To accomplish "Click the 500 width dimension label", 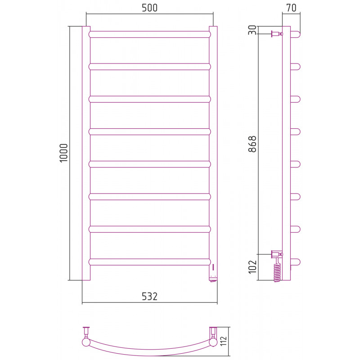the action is [149, 8].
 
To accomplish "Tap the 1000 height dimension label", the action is [63, 153].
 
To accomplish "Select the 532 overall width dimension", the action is [149, 297].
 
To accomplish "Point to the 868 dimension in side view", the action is [252, 144].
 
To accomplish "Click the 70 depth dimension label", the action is [291, 8].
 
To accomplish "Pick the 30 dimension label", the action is [252, 30].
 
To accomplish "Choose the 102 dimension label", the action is [252, 267].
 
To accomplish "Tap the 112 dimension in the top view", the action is [223, 341].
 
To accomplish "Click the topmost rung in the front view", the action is [150, 35].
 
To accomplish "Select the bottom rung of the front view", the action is [150, 262].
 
